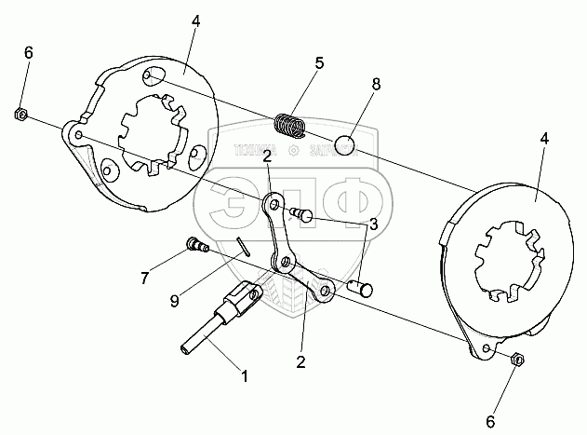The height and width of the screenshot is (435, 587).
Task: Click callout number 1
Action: click(x=244, y=377)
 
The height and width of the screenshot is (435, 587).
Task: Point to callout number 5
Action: click(x=318, y=63)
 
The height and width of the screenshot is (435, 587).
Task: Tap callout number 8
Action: click(x=377, y=83)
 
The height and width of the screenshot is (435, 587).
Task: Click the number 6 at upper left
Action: click(x=28, y=52)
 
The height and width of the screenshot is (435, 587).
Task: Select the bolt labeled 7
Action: click(x=196, y=246)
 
